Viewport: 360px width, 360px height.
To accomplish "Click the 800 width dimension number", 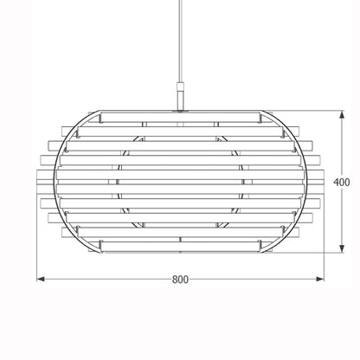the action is click(x=180, y=280).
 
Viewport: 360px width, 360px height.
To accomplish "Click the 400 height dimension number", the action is click(x=342, y=182).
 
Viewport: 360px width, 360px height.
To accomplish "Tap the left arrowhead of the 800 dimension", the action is click(x=41, y=279).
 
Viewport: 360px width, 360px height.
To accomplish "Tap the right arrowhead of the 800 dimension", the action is click(x=320, y=279).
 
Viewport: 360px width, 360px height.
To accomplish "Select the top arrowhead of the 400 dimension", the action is click(x=342, y=114).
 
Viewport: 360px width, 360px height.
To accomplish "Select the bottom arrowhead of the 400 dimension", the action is click(x=342, y=248).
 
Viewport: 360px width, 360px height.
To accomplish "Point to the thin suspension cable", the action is click(x=181, y=41).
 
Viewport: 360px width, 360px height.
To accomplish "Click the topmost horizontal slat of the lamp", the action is click(x=180, y=117).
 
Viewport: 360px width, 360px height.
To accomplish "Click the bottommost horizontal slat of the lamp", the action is click(x=180, y=246).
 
